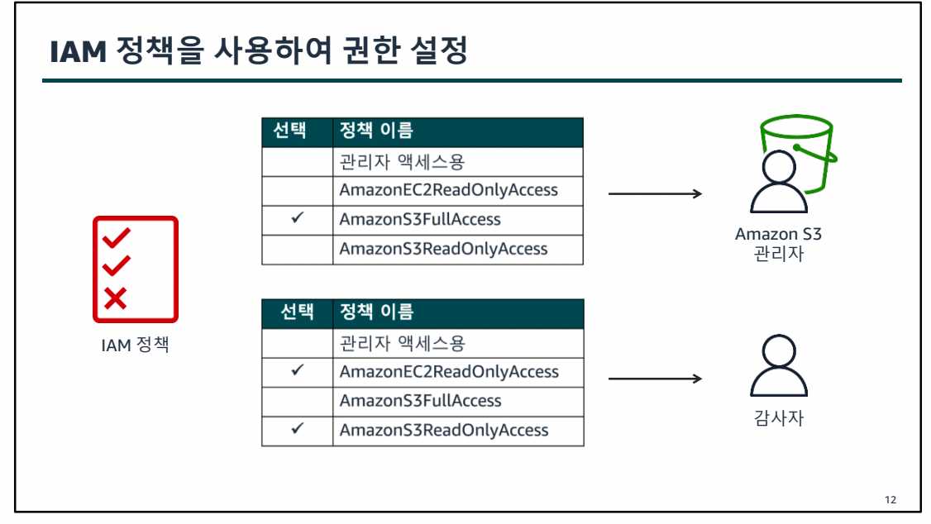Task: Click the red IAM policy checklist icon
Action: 136,269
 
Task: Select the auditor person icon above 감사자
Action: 778,367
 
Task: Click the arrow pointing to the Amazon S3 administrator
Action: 654,194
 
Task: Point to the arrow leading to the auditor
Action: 654,379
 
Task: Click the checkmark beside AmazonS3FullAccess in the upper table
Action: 298,219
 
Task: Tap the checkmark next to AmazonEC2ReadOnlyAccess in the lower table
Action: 298,371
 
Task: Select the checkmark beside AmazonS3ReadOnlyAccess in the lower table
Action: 298,430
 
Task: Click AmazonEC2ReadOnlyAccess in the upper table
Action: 448,190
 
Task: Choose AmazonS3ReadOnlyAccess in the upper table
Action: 443,249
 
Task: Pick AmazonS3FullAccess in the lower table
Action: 420,401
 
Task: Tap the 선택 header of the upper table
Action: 290,131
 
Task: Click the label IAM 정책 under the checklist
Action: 135,345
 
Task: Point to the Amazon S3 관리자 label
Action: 778,244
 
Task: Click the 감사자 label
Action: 779,418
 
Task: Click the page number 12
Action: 890,500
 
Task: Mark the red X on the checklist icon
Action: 115,297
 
